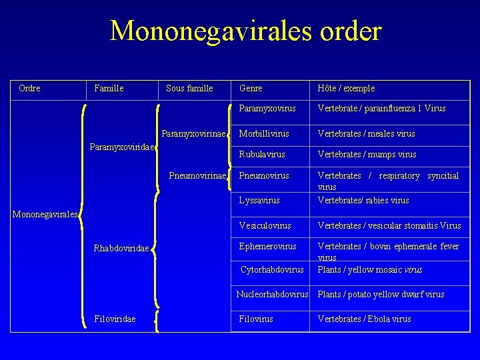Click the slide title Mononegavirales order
click(x=245, y=31)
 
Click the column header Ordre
click(x=29, y=88)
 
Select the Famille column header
click(x=109, y=88)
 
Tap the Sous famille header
click(x=189, y=88)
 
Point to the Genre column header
click(x=251, y=88)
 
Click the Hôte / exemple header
click(x=346, y=88)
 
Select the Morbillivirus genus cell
click(x=264, y=133)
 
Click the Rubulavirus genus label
click(x=262, y=154)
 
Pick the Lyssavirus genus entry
click(x=259, y=200)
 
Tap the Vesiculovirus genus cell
click(x=265, y=226)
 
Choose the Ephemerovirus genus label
click(x=268, y=246)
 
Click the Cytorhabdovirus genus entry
click(x=272, y=269)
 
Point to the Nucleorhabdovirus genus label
click(x=273, y=294)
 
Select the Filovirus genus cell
click(x=256, y=319)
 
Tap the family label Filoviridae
click(x=115, y=319)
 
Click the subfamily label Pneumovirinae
click(x=197, y=175)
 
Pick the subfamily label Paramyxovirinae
click(x=193, y=133)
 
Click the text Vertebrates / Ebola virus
click(x=364, y=319)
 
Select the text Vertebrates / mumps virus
click(x=367, y=154)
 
